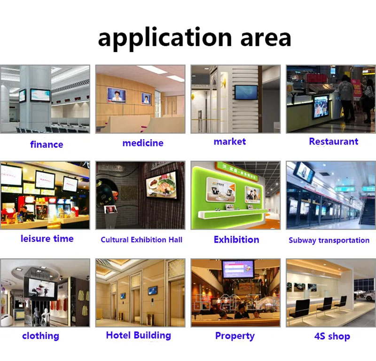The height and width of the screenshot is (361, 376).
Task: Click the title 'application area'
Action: [194, 38]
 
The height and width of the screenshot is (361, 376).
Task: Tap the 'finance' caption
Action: [47, 144]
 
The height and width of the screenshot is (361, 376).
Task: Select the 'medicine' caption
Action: [143, 143]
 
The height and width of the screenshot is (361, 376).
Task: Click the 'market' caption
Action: [230, 141]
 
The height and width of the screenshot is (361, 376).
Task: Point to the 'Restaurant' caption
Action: [333, 141]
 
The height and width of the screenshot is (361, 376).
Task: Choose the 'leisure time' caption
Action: [47, 238]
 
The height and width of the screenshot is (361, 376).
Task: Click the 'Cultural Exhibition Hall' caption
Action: [141, 240]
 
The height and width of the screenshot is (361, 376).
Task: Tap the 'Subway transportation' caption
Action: [329, 240]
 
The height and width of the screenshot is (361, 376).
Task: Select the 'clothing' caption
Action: [40, 336]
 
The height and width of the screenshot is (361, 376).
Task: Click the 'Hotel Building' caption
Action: [138, 335]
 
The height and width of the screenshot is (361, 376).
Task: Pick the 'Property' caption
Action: [235, 336]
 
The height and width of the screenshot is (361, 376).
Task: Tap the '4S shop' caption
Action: [332, 336]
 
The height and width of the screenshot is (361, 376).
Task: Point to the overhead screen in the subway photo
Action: [304, 173]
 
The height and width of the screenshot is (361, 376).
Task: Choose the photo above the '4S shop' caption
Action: [331, 292]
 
